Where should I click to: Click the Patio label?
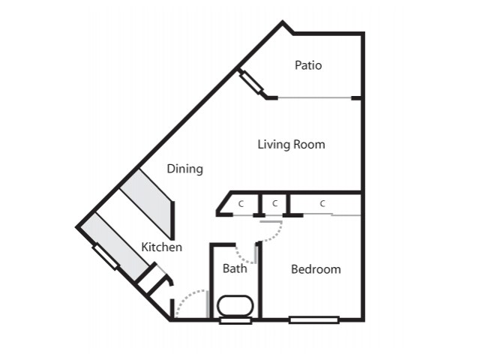308,65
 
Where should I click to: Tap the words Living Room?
291,145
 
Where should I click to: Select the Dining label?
185,169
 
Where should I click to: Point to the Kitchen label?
162,247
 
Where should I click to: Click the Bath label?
235,268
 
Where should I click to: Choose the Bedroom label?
316,269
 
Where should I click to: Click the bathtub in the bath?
235,305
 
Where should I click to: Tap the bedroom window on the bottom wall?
314,320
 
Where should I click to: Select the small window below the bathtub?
235,321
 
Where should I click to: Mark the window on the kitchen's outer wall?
105,256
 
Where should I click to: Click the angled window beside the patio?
251,82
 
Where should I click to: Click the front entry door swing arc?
187,297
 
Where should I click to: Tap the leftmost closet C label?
241,204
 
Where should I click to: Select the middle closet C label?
275,203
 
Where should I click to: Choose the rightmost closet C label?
322,203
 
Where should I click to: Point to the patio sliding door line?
314,98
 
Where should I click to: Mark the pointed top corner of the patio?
283,21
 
